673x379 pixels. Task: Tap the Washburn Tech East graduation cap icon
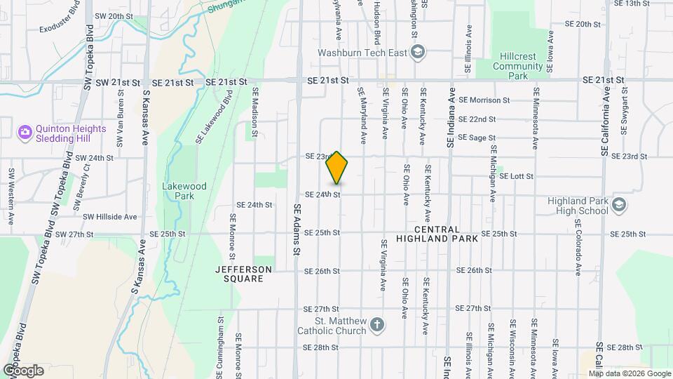point(418,52)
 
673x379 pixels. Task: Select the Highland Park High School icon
point(618,205)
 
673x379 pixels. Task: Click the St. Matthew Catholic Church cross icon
point(377,324)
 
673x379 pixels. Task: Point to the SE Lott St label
point(517,176)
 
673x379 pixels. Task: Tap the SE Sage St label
point(477,138)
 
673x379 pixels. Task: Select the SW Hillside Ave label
point(109,218)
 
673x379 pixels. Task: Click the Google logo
point(23,370)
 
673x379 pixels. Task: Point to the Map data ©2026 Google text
point(625,373)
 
